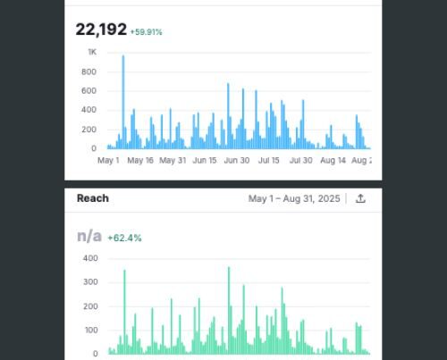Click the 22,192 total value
[x=100, y=29]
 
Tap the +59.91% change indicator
[x=146, y=32]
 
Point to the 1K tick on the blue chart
[x=91, y=52]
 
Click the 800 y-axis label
[x=89, y=71]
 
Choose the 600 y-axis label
[x=89, y=91]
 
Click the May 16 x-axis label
[x=140, y=161]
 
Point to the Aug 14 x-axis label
[x=333, y=161]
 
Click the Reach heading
[x=92, y=198]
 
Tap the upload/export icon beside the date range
[x=361, y=198]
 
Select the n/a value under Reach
[x=89, y=237]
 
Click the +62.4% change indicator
[x=124, y=239]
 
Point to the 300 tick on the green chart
[x=89, y=282]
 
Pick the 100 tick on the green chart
[x=89, y=331]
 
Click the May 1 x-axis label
[x=107, y=161]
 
